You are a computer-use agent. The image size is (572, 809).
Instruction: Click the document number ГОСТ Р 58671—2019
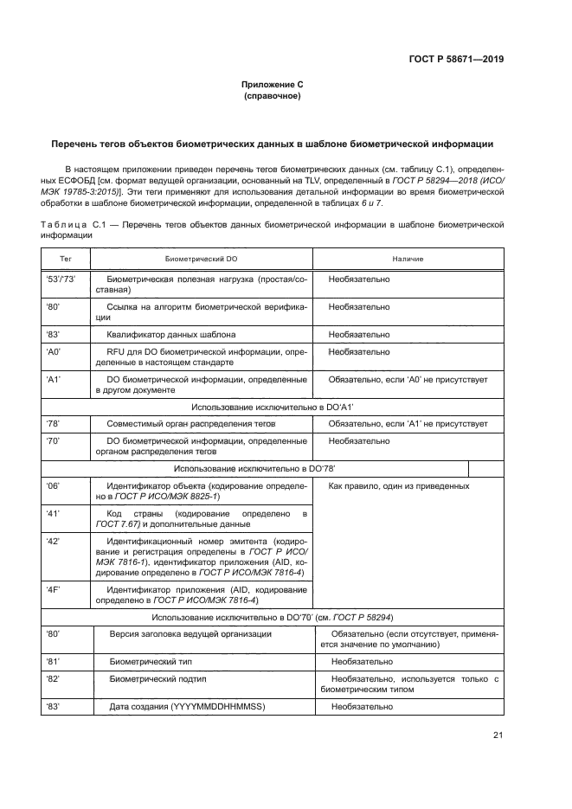pyautogui.click(x=457, y=60)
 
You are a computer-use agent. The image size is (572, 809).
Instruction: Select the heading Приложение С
pyautogui.click(x=272, y=84)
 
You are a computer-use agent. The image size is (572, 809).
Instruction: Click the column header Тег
pyautogui.click(x=65, y=259)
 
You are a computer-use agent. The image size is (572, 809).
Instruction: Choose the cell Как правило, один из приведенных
pyautogui.click(x=399, y=486)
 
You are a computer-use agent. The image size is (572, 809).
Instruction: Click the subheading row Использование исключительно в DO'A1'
pyautogui.click(x=272, y=406)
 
